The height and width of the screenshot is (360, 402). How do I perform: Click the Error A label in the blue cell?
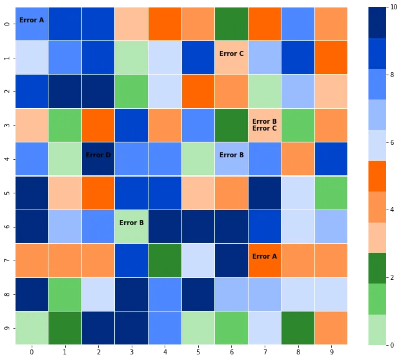[x=32, y=21]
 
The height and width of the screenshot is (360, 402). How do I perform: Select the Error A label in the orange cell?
[x=265, y=257]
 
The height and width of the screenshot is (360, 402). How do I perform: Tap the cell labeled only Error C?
[x=231, y=54]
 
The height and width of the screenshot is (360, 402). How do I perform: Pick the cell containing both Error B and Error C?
[x=265, y=125]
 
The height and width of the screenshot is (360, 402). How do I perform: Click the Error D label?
[x=98, y=155]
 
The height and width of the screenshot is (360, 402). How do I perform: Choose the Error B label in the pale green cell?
[x=132, y=223]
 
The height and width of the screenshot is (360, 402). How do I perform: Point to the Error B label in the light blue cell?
[x=231, y=155]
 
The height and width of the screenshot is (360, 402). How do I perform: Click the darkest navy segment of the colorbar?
[x=377, y=22]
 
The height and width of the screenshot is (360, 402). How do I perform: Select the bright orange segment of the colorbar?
[x=377, y=176]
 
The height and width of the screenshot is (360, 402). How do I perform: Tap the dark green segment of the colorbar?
[x=377, y=268]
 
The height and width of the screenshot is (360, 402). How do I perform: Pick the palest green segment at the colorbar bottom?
[x=377, y=330]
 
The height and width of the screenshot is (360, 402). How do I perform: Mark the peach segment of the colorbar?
[x=377, y=238]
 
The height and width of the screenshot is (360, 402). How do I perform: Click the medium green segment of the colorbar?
[x=377, y=299]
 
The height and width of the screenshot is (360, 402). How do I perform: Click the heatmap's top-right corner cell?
[x=331, y=24]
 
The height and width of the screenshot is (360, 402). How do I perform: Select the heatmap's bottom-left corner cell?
[x=32, y=328]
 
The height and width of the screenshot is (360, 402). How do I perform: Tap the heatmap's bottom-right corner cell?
[x=331, y=328]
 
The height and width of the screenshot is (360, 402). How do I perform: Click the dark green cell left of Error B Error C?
[x=231, y=125]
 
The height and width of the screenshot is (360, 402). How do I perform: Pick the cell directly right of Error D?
[x=132, y=159]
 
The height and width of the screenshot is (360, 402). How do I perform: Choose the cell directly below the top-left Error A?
[x=32, y=57]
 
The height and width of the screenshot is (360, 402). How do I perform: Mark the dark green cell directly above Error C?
[x=231, y=24]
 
